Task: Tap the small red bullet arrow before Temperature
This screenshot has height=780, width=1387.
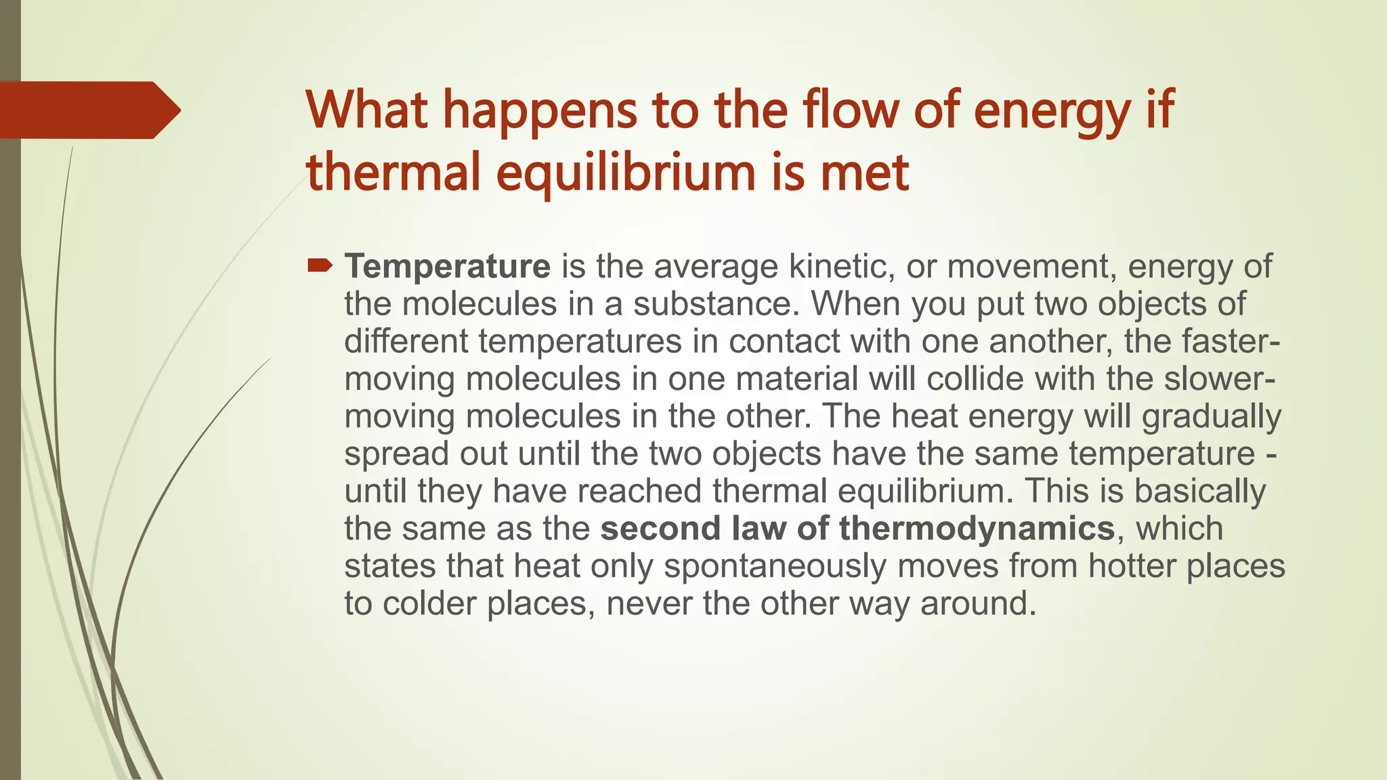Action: pos(320,265)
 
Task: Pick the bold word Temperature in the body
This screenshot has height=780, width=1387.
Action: pos(447,266)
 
